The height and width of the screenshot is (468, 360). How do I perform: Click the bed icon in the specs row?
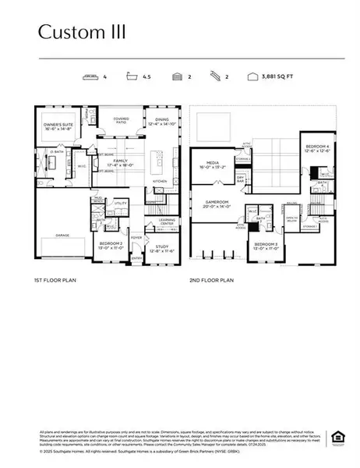(x=90, y=76)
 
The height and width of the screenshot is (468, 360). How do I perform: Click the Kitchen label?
(x=160, y=180)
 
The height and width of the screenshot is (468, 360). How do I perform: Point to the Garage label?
(x=62, y=234)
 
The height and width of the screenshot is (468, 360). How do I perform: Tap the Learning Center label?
(x=166, y=222)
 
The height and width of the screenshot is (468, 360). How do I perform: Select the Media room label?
(x=210, y=165)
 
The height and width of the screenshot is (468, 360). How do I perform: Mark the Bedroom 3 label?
(x=266, y=246)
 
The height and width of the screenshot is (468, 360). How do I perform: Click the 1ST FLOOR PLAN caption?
(x=55, y=278)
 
